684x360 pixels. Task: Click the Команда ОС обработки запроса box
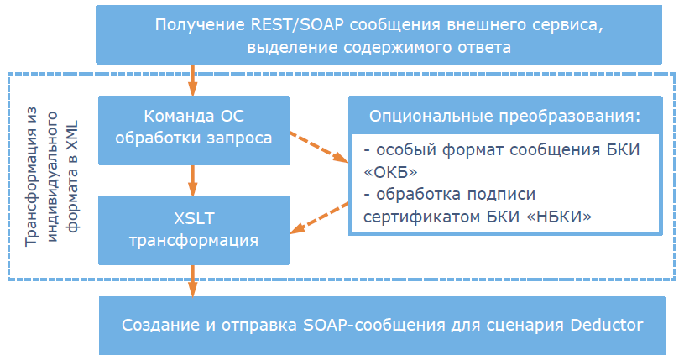(x=194, y=129)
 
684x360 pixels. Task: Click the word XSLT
(x=194, y=219)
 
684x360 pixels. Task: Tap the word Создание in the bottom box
(x=160, y=325)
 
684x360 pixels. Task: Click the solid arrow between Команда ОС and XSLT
(x=194, y=180)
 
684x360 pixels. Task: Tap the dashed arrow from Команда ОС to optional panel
(x=319, y=146)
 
